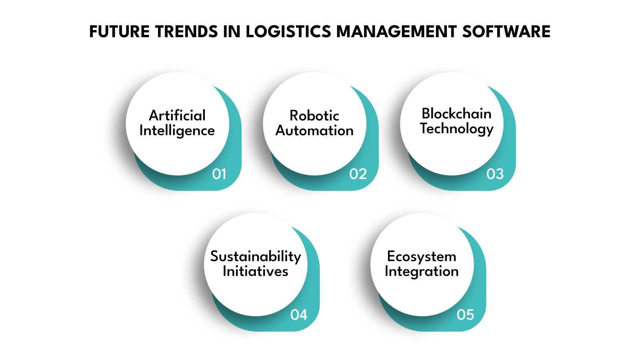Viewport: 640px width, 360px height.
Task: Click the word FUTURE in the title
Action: click(119, 32)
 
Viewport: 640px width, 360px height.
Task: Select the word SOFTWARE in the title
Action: click(506, 32)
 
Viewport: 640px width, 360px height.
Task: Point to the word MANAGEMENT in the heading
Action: click(396, 32)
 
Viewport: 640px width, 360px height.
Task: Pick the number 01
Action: click(219, 174)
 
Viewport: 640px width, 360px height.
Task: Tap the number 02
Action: click(358, 174)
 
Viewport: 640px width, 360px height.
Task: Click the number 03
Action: click(495, 174)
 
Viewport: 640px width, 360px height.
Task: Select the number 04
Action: click(299, 315)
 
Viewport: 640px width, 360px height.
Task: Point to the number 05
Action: click(465, 315)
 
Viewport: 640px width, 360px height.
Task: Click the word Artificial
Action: click(177, 116)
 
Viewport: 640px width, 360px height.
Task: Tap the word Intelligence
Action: click(177, 131)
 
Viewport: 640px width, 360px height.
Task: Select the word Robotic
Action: click(314, 116)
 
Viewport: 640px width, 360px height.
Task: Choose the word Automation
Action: click(314, 130)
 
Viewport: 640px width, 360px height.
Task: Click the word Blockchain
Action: click(456, 114)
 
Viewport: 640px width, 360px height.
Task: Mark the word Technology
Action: click(456, 129)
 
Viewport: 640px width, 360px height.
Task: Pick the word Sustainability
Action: click(256, 256)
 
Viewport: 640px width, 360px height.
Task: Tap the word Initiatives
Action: click(256, 271)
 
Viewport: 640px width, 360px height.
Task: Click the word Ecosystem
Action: click(422, 256)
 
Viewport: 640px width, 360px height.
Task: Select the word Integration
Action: click(422, 272)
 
